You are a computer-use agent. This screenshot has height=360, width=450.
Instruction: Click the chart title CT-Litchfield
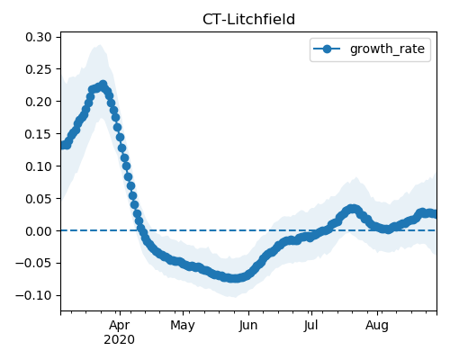248,20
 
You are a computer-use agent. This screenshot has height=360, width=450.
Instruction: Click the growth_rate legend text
387,49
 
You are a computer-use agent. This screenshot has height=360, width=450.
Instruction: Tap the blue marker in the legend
327,49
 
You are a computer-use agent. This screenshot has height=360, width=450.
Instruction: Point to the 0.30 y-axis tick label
39,37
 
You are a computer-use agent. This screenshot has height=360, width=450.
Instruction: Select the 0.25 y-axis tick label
39,69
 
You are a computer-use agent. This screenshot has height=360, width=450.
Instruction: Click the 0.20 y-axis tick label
39,102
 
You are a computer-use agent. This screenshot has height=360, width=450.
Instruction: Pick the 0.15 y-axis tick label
39,134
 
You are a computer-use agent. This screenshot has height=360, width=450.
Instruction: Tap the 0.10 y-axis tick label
39,166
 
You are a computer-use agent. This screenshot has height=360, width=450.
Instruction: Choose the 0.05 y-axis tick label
39,199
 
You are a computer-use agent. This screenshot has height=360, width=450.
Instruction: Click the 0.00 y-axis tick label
39,231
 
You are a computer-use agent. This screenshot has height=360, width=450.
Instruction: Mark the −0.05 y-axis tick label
33,263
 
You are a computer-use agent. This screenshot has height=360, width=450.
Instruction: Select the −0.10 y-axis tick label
33,295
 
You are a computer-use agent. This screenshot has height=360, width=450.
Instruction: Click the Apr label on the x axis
120,326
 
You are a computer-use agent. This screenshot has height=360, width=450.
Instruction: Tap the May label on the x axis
183,326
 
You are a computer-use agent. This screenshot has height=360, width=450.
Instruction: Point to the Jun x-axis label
248,326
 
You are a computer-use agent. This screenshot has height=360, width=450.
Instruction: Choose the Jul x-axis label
310,326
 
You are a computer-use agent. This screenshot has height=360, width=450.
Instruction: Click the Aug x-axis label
377,326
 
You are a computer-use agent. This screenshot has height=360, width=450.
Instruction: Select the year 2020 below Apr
119,340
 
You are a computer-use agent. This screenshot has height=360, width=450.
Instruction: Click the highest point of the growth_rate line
103,85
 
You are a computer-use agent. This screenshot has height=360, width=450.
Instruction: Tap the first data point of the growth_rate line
62,146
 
